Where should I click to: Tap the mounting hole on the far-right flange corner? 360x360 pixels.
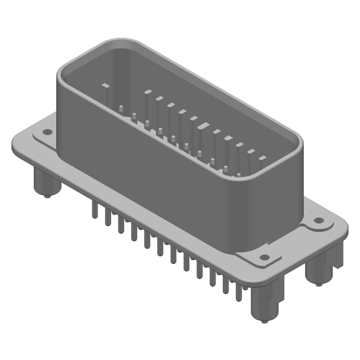pyautogui.click(x=319, y=220)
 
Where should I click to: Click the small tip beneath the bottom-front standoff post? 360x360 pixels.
pyautogui.click(x=264, y=323)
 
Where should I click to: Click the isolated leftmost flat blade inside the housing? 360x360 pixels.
pyautogui.click(x=105, y=85)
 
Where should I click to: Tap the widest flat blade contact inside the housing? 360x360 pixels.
pyautogui.click(x=203, y=126)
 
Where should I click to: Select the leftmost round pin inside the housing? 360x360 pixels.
pyautogui.click(x=121, y=108)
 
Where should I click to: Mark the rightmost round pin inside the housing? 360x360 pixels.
pyautogui.click(x=238, y=175)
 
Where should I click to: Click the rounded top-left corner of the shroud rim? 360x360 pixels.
pyautogui.click(x=67, y=63)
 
